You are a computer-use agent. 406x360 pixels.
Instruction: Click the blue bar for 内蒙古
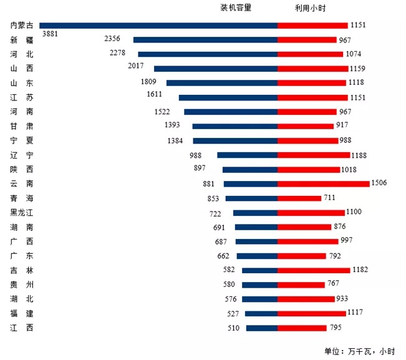tap(158, 26)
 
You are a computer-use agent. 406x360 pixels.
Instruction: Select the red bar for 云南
tap(323, 183)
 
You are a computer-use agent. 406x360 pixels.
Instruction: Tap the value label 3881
tap(50, 34)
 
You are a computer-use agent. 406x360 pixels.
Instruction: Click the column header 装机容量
tap(236, 7)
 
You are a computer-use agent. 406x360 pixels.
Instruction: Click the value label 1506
tap(380, 183)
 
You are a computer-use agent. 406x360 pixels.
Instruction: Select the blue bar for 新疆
tap(205, 40)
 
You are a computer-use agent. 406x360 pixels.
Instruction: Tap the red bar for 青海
tap(298, 198)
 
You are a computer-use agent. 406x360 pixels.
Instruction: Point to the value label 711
tap(329, 198)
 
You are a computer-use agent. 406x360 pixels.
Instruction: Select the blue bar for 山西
tap(215, 69)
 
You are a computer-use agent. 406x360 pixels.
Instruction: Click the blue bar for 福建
tap(261, 313)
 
